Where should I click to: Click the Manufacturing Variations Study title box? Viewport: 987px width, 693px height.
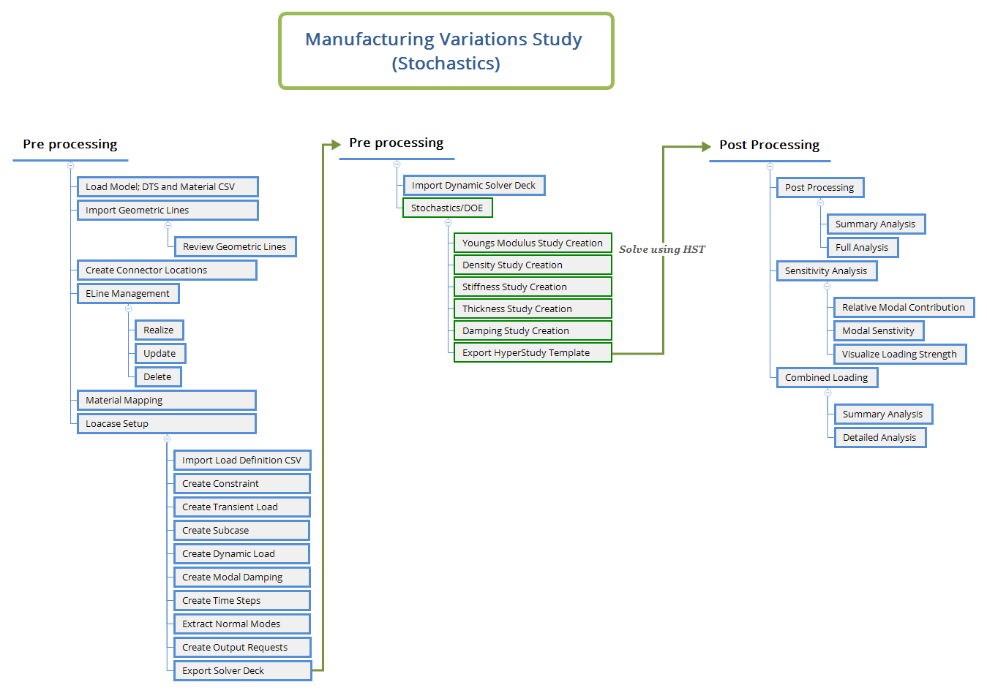[x=446, y=51]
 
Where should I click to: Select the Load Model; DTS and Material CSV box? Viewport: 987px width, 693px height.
[x=168, y=187]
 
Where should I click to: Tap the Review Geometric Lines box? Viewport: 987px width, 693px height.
[x=235, y=247]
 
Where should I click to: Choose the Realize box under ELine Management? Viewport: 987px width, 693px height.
[x=159, y=330]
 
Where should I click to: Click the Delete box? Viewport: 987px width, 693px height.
[x=157, y=377]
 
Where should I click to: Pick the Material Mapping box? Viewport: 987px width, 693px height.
[x=167, y=401]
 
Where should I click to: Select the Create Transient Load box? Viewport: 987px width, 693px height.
[x=241, y=507]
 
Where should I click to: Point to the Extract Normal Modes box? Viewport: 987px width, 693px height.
[x=241, y=624]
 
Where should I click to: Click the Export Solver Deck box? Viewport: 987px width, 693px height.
[x=242, y=671]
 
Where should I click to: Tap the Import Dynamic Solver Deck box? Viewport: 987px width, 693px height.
[x=473, y=186]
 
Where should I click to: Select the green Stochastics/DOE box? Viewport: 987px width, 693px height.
[x=447, y=208]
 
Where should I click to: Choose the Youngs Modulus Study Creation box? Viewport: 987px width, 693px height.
[x=533, y=243]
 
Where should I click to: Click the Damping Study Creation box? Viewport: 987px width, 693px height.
[x=533, y=331]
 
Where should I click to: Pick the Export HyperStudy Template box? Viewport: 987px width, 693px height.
[x=533, y=353]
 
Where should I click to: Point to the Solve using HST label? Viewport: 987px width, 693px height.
[x=661, y=250]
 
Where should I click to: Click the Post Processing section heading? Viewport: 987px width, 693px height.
[x=769, y=145]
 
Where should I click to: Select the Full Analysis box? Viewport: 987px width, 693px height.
[x=862, y=248]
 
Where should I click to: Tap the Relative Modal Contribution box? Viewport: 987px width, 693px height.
[x=904, y=308]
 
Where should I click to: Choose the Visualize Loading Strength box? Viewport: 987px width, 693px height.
[x=899, y=355]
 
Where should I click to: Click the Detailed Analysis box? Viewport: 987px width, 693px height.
[x=879, y=438]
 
